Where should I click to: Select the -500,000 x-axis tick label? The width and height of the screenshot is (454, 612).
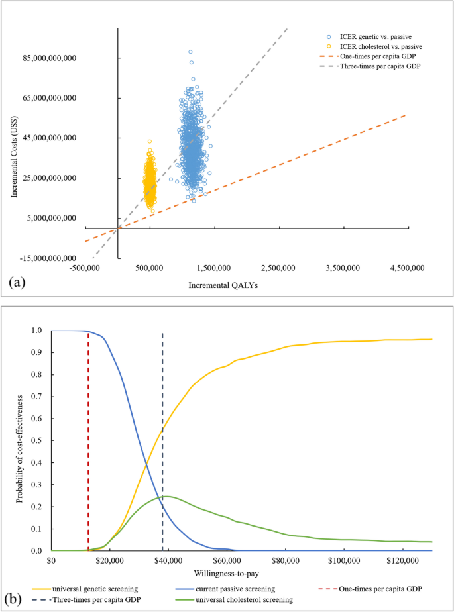[85, 268]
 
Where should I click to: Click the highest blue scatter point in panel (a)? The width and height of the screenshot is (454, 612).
[190, 52]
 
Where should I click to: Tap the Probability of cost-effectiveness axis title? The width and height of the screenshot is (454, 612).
[18, 440]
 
